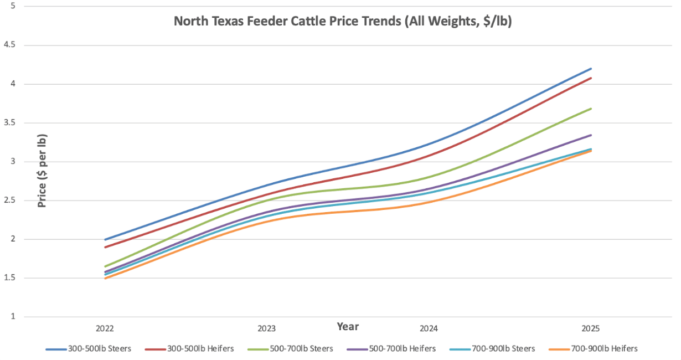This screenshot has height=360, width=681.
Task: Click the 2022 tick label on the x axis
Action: point(105,328)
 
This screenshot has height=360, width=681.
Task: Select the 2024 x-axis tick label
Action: point(429,328)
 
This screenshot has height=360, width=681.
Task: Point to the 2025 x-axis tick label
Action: point(591,328)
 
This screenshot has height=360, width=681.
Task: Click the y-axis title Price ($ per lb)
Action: point(43,170)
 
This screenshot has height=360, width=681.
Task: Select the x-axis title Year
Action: point(348,327)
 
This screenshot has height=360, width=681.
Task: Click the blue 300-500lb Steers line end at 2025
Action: point(591,69)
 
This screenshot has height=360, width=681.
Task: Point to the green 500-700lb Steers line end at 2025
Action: point(591,109)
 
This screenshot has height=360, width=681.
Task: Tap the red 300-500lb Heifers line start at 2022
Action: point(105,247)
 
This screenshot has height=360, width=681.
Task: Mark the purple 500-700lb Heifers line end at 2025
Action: point(591,135)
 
